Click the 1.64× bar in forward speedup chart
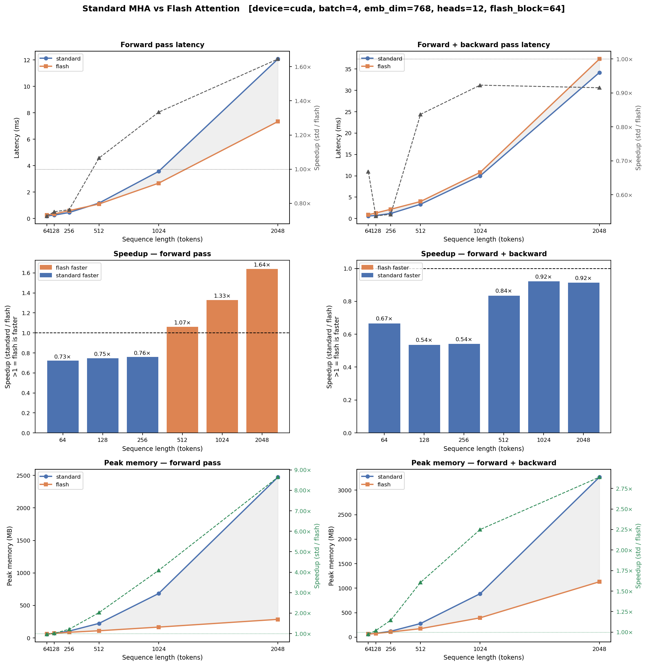point(262,351)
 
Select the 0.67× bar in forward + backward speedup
point(384,378)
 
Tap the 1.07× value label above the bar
point(182,322)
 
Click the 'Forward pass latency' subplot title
point(162,45)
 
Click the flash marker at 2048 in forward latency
point(278,121)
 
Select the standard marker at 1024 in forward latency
point(158,171)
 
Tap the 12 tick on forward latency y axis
point(27,60)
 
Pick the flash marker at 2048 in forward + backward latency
point(599,59)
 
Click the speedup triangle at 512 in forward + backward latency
point(420,114)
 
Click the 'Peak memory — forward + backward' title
point(483,463)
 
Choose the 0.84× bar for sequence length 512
point(504,364)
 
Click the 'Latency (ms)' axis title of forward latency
point(17,137)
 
